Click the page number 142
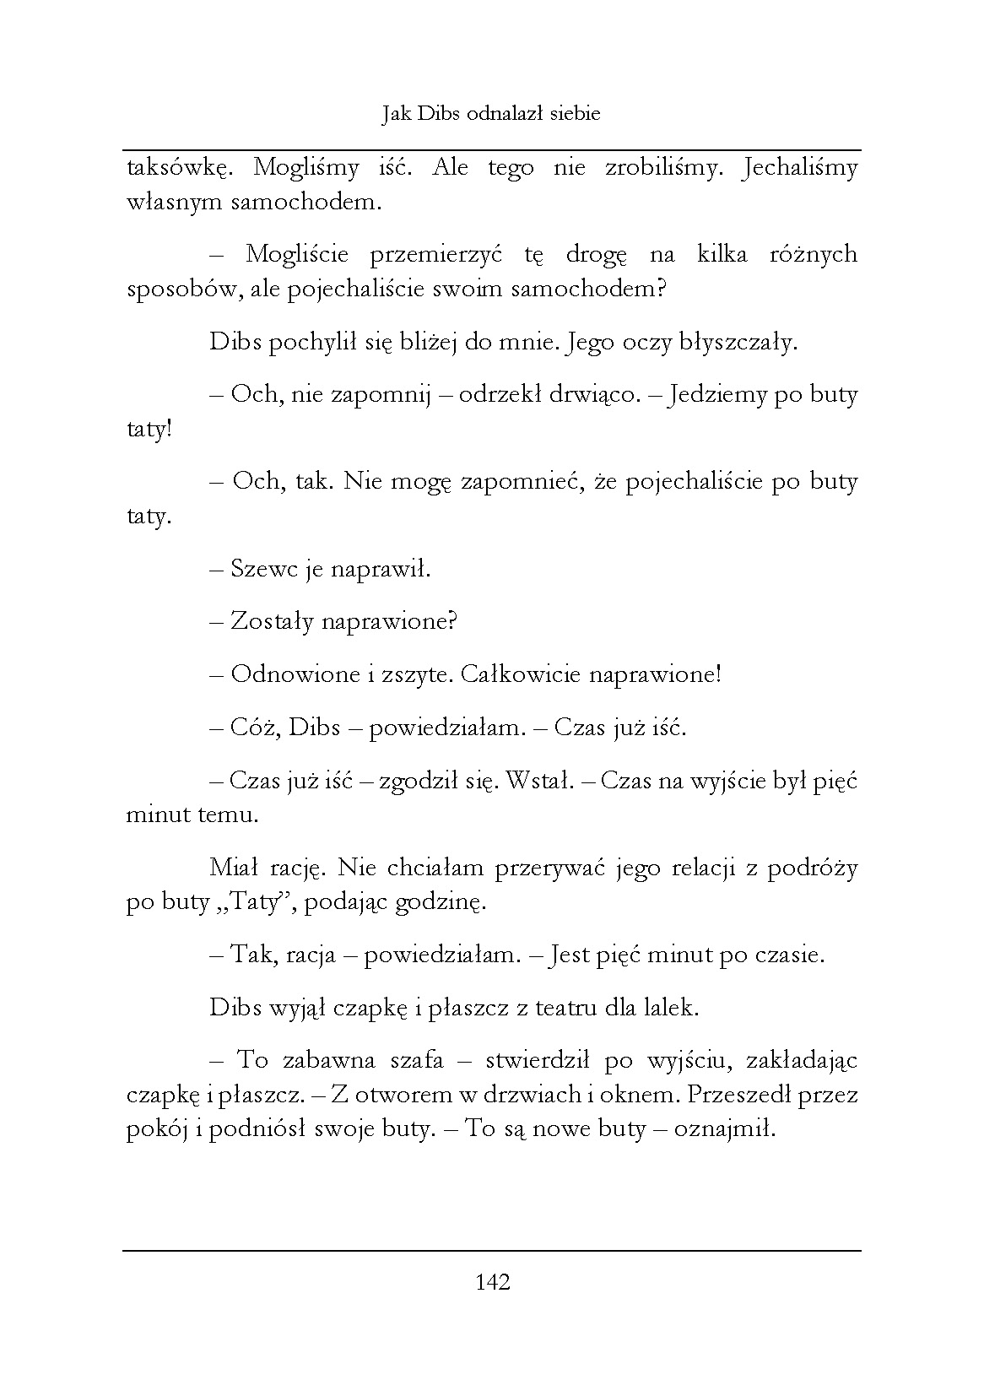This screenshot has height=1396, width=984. pos(493,1283)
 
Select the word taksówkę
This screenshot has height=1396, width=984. pos(175,168)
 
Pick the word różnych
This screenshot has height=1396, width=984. pos(813,255)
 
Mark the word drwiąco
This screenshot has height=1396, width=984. pos(594,395)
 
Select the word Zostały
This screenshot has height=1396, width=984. pos(269,622)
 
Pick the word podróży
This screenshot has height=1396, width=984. pos(808,868)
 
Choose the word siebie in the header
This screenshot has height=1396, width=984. pos(573,113)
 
